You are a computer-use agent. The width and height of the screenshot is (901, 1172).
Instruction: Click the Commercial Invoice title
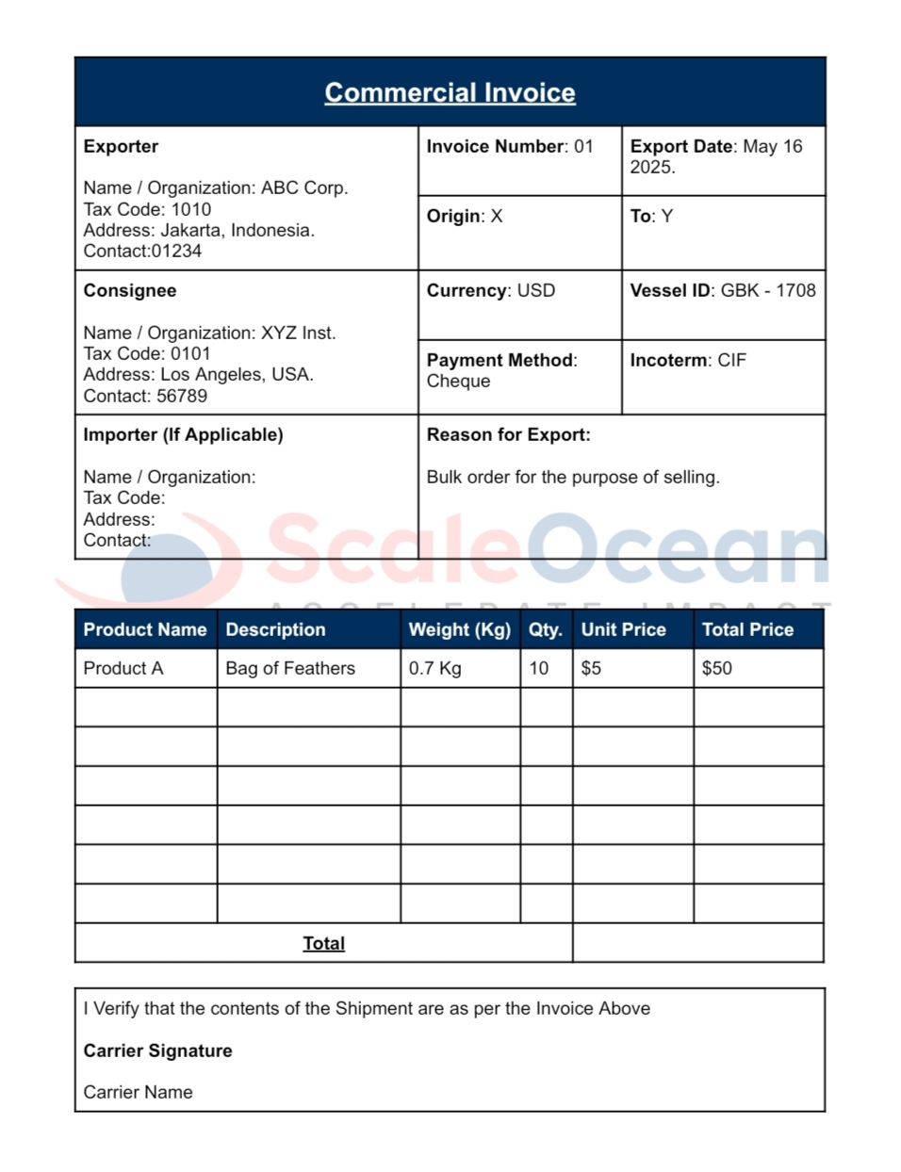pyautogui.click(x=450, y=92)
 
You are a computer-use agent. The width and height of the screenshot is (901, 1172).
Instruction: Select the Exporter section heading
pyautogui.click(x=121, y=146)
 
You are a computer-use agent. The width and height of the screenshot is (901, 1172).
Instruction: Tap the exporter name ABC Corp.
pyautogui.click(x=304, y=187)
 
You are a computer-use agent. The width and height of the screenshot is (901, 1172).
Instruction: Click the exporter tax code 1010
pyautogui.click(x=190, y=209)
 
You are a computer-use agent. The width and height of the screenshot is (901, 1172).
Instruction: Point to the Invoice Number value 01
pyautogui.click(x=583, y=146)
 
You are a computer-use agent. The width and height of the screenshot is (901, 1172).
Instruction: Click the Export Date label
pyautogui.click(x=681, y=146)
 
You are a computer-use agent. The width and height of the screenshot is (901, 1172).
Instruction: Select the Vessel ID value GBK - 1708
pyautogui.click(x=768, y=290)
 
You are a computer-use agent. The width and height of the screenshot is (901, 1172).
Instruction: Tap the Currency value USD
pyautogui.click(x=535, y=290)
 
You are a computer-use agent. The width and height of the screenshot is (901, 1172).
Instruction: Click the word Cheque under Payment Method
pyautogui.click(x=458, y=381)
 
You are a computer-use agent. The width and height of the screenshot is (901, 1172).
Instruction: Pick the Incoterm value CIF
pyautogui.click(x=731, y=360)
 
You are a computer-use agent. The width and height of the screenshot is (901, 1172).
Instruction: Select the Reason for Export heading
pyautogui.click(x=508, y=434)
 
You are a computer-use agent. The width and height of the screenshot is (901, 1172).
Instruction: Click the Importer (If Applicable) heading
pyautogui.click(x=183, y=434)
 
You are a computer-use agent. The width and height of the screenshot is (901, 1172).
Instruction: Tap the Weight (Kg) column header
pyautogui.click(x=459, y=629)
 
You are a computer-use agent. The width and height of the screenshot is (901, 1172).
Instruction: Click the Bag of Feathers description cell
pyautogui.click(x=290, y=668)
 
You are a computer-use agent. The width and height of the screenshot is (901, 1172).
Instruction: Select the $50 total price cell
pyautogui.click(x=716, y=668)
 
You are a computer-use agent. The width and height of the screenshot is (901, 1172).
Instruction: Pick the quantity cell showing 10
pyautogui.click(x=538, y=668)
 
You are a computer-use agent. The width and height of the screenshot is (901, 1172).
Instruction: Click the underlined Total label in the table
pyautogui.click(x=323, y=943)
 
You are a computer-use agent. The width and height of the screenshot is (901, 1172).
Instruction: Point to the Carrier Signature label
pyautogui.click(x=157, y=1050)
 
